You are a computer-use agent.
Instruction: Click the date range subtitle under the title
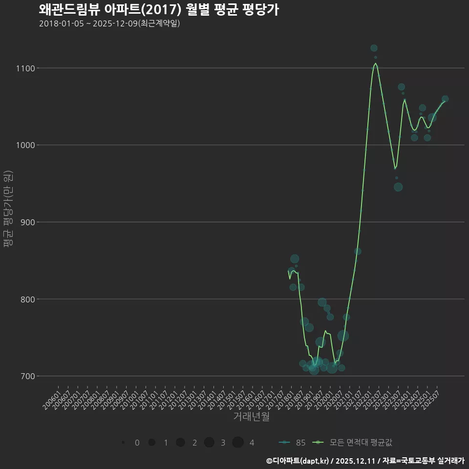point(109,23)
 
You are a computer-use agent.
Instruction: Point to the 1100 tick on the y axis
point(27,68)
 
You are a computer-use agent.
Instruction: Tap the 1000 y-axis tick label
point(27,145)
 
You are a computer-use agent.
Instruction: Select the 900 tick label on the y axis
point(28,222)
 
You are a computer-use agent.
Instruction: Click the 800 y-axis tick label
point(28,299)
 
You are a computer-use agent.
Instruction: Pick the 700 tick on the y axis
point(28,376)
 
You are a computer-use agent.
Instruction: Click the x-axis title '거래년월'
point(251,417)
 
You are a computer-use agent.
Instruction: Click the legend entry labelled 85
point(293,443)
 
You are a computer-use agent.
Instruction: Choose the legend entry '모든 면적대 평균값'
point(355,443)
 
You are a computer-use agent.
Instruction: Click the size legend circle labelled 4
point(238,443)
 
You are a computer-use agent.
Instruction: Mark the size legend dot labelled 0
point(123,443)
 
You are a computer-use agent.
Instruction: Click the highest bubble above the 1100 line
point(374,48)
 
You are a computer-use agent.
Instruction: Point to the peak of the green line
point(375,63)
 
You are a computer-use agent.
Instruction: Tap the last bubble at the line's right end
point(445,99)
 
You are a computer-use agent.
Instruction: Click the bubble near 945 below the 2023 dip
point(398,187)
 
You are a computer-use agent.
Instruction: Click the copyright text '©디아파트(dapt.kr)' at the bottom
point(298,461)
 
